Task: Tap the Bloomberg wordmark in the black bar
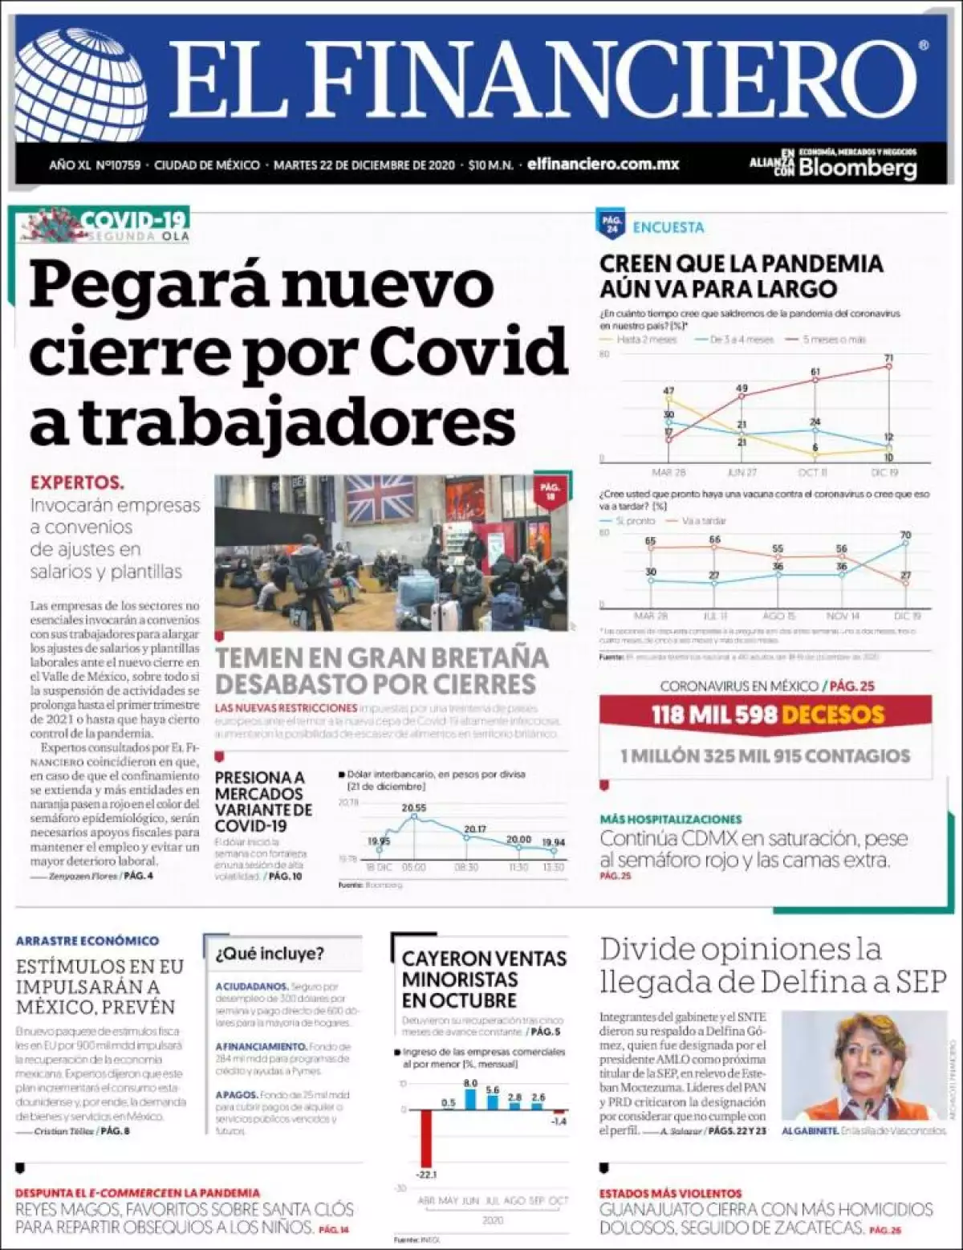tap(857, 168)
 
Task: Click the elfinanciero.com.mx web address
tap(603, 165)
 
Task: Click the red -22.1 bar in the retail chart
tap(425, 1138)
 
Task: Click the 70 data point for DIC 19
tap(906, 544)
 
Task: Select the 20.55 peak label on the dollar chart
tap(413, 808)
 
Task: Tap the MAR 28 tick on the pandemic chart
tap(668, 472)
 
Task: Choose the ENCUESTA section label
tap(668, 227)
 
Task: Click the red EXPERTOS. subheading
tap(77, 483)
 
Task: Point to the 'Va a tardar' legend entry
tap(702, 521)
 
